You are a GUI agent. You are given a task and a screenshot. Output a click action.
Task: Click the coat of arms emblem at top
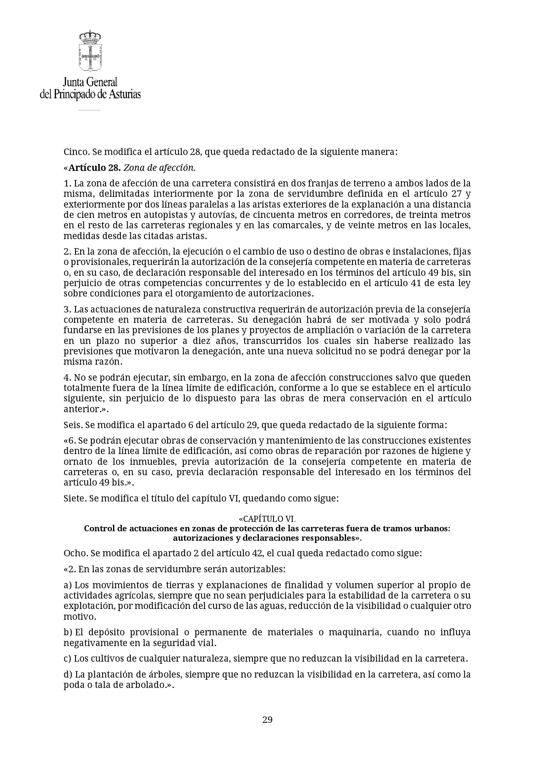click(90, 51)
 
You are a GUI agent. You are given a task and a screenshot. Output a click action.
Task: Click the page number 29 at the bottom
click(267, 719)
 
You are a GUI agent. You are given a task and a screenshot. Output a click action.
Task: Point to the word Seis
click(72, 425)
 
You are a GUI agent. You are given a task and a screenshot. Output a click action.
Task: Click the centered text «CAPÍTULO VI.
click(267, 519)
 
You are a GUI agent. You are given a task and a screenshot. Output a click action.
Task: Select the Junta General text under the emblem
click(90, 82)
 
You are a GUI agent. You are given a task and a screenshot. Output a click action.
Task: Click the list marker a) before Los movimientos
click(67, 585)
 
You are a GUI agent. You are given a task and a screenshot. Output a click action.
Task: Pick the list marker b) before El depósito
click(68, 632)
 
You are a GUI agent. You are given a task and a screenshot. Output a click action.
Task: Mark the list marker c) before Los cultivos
click(67, 659)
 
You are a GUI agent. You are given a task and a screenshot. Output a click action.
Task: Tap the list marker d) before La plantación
click(68, 674)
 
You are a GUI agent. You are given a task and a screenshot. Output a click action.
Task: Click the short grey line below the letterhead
click(89, 110)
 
